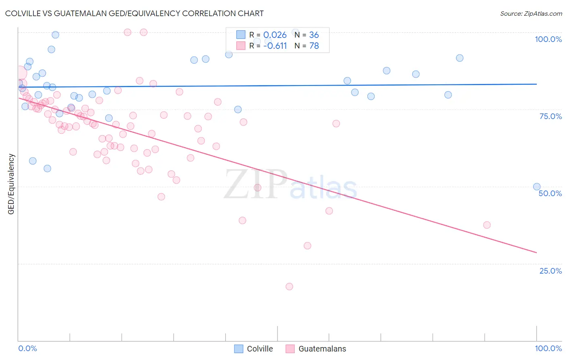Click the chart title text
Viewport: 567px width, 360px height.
(134, 13)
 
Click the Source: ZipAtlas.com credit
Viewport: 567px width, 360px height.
(531, 13)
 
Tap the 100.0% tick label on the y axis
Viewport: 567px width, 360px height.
(548, 39)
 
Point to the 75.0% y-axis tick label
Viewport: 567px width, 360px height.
(550, 116)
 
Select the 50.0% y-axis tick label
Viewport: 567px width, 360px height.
(550, 193)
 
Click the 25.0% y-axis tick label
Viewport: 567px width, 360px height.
(550, 271)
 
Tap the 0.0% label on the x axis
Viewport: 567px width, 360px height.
(27, 348)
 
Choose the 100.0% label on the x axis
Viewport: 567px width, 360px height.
(548, 348)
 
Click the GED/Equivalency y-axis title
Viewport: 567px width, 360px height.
(11, 184)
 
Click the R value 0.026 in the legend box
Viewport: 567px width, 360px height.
(275, 35)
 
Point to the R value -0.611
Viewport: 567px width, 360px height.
(275, 46)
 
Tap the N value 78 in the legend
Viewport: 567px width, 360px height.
(314, 46)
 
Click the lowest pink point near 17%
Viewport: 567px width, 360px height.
(289, 287)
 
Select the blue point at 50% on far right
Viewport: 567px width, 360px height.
(537, 186)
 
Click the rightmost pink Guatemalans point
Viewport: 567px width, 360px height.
(487, 225)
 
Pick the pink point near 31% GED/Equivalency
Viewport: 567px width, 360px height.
(307, 246)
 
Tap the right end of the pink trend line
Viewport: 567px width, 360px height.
(536, 252)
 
